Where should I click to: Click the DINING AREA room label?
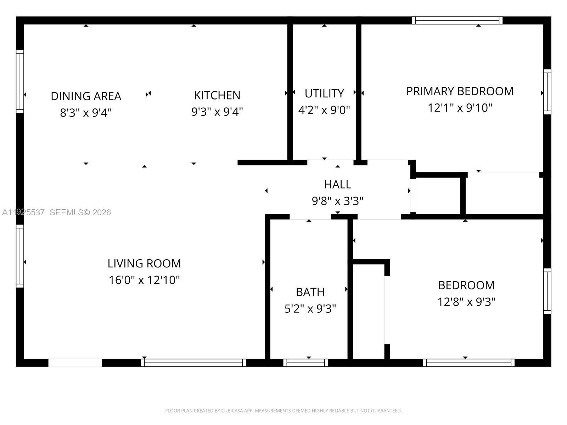[x=86, y=96]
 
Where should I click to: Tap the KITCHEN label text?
[x=217, y=96]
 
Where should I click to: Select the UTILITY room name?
[x=324, y=93]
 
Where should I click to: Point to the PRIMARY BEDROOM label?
[x=460, y=91]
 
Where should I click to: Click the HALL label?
[x=338, y=185]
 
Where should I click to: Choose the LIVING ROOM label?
[x=144, y=263]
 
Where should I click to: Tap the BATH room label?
[x=310, y=292]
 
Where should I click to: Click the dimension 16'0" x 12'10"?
[x=144, y=280]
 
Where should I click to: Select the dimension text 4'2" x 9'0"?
[x=324, y=110]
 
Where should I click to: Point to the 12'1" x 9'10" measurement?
[x=460, y=108]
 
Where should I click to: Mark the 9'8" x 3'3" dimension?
[x=337, y=201]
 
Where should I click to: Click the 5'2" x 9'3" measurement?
[x=310, y=308]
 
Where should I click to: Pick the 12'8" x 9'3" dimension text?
[x=466, y=302]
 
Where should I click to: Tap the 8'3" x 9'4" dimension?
[x=86, y=113]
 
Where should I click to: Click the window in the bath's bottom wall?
[x=305, y=363]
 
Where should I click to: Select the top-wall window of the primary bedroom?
[x=457, y=21]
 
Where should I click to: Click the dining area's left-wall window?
[x=20, y=81]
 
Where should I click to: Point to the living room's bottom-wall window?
[x=193, y=363]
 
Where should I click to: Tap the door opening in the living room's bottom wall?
[x=75, y=363]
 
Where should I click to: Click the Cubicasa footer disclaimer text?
[x=283, y=410]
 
